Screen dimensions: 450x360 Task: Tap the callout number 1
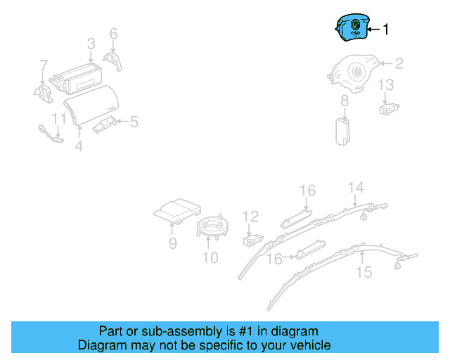tap(385, 30)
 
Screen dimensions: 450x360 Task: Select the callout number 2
tap(398, 64)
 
